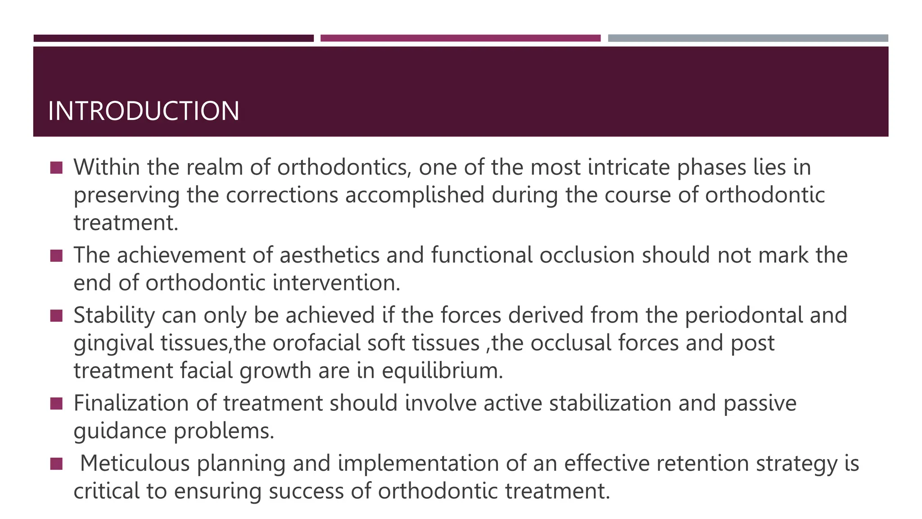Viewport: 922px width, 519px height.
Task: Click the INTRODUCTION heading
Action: pyautogui.click(x=144, y=111)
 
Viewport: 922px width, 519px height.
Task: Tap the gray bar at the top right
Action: pyautogui.click(x=748, y=38)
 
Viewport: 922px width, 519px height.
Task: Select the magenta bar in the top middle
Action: pyautogui.click(x=460, y=38)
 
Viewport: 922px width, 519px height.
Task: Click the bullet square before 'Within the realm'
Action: pyautogui.click(x=56, y=168)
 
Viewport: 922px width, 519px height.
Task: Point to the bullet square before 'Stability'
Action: pyautogui.click(x=56, y=315)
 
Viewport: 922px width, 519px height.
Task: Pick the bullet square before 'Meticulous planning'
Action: pyautogui.click(x=56, y=464)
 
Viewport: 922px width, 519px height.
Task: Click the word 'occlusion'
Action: pyautogui.click(x=587, y=255)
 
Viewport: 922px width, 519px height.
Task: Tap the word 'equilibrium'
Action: pyautogui.click(x=442, y=371)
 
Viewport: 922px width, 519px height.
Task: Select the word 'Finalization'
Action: pyautogui.click(x=131, y=403)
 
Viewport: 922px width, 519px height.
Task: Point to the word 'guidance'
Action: pyautogui.click(x=120, y=431)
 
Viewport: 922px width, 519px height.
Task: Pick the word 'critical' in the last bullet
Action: pyautogui.click(x=106, y=491)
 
